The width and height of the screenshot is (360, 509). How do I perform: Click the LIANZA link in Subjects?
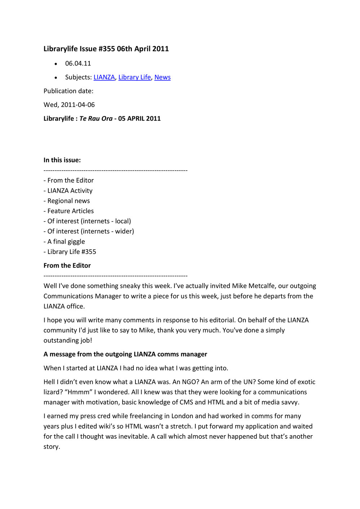(x=104, y=77)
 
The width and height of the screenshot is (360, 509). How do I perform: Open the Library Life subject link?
(x=134, y=77)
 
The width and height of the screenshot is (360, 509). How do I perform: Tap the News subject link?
(x=162, y=77)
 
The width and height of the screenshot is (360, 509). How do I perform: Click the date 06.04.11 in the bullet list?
(x=78, y=63)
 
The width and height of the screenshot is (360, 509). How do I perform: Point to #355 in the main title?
(x=106, y=49)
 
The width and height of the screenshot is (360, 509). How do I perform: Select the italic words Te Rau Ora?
(x=96, y=119)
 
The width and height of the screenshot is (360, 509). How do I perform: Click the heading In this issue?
(x=62, y=160)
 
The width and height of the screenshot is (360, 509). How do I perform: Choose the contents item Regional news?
(x=68, y=201)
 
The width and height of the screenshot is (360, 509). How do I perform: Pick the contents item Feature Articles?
(x=70, y=211)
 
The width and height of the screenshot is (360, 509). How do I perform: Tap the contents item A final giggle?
(x=66, y=242)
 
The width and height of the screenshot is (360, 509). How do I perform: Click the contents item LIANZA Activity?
(x=70, y=191)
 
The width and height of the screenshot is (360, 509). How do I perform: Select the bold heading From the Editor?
(x=67, y=265)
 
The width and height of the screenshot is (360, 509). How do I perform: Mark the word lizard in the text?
(x=51, y=392)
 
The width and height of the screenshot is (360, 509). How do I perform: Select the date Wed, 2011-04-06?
(x=69, y=105)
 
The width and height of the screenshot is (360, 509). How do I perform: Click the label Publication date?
(x=68, y=91)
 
